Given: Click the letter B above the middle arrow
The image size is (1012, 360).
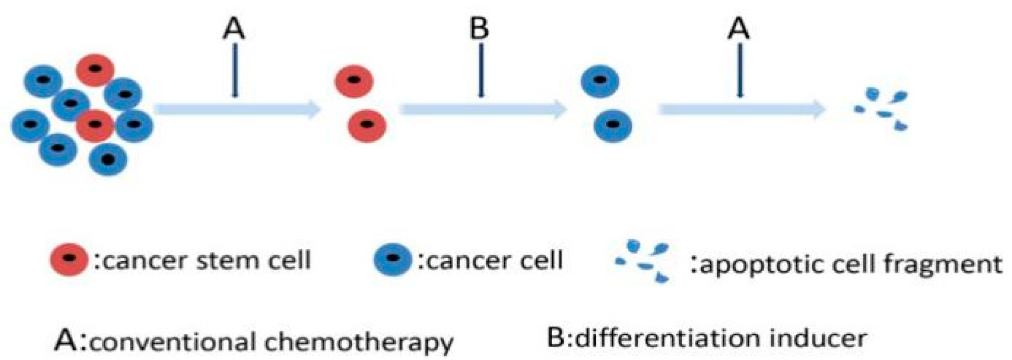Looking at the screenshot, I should (479, 28).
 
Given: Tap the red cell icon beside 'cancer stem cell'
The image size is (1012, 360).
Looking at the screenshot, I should (68, 259).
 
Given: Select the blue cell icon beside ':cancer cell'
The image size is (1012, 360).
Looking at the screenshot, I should (393, 259).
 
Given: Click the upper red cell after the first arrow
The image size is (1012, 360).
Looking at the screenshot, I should (354, 81).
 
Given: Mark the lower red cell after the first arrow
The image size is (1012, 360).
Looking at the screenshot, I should (366, 125).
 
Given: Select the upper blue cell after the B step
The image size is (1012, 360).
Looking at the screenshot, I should (600, 81).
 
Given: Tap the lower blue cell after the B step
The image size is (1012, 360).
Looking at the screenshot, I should (613, 125).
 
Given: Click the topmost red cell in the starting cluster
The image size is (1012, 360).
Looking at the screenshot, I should (95, 70).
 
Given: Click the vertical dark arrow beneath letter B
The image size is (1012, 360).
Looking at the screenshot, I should (481, 70).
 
